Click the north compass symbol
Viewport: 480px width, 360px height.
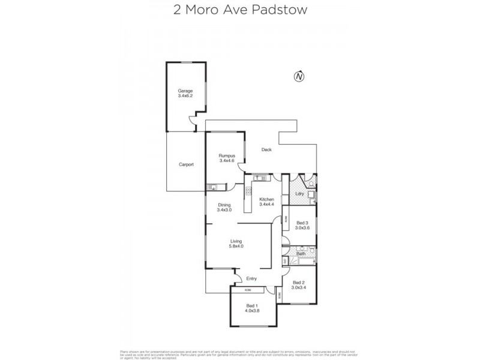299,76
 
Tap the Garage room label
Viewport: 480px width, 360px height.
185,91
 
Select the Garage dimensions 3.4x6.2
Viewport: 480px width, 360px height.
185,96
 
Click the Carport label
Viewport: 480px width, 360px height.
186,164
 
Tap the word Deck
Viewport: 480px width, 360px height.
266,150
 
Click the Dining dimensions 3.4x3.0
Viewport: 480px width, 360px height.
224,209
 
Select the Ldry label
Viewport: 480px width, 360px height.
299,194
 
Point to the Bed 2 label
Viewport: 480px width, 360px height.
299,283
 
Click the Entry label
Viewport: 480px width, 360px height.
251,278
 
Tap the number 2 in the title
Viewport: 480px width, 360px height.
176,10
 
